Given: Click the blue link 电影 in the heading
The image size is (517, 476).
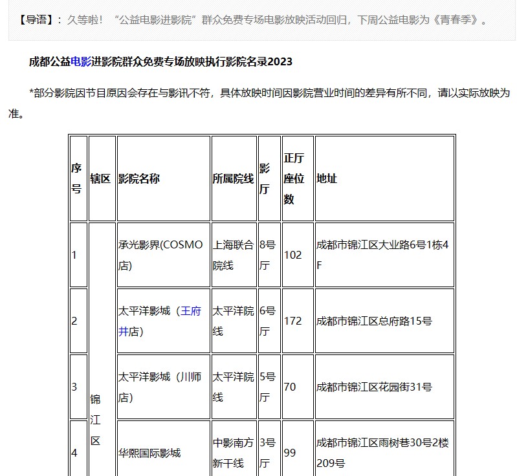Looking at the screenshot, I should pos(81,61).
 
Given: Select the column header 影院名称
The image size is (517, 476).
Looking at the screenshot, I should pos(138,178).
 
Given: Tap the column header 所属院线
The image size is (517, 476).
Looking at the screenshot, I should pos(233,178).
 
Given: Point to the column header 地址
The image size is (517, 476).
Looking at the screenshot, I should pos(327,178).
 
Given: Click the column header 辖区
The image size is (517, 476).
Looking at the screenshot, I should pos(100,178).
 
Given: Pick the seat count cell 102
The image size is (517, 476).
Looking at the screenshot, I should pos(293,255).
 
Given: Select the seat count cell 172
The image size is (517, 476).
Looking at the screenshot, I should pos(293,321).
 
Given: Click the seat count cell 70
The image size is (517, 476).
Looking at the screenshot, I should pos(290,387).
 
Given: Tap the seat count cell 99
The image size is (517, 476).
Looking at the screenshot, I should pos(290,453).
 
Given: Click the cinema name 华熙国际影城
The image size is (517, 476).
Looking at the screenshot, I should pos(149,453).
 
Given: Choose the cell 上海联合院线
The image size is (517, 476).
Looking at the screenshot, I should pos(233,255).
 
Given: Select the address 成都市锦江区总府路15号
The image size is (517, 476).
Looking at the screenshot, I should pos(374,321).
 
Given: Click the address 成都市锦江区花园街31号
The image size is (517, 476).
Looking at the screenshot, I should pos(374,387).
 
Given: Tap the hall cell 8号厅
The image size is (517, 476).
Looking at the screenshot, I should pos(267,255).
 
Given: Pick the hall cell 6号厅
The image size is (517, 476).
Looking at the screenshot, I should pos(267,321).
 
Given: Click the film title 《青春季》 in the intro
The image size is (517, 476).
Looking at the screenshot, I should pos(459,19).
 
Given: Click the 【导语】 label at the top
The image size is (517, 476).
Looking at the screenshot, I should pos(38,19).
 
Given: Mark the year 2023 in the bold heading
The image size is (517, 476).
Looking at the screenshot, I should pos(280,61).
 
